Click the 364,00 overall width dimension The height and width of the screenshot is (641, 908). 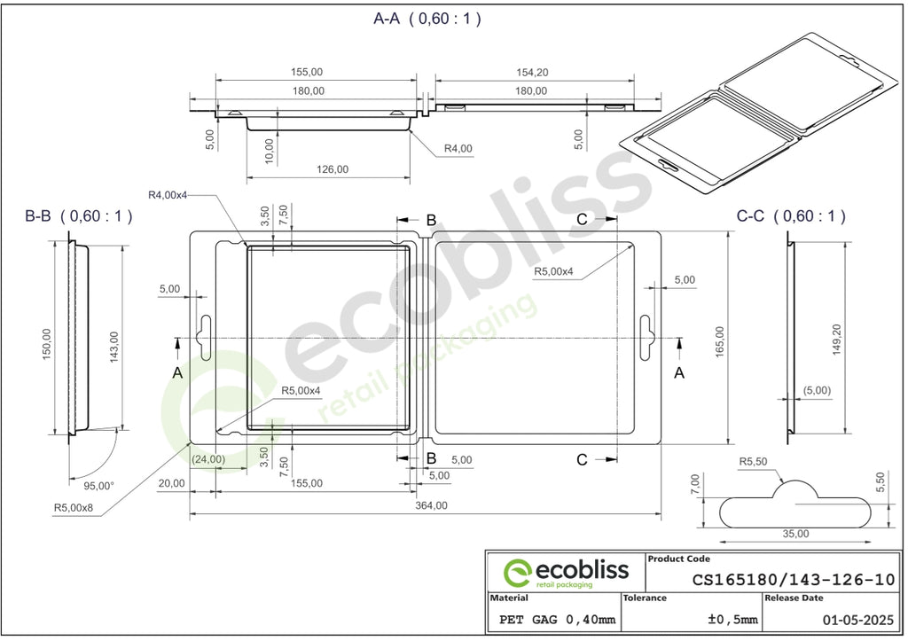[431, 505]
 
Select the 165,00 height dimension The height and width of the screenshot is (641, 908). [719, 341]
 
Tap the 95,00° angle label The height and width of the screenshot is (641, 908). [98, 486]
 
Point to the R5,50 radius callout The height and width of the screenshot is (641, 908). [753, 462]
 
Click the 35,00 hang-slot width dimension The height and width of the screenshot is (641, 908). [795, 534]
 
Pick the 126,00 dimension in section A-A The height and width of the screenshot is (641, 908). [333, 169]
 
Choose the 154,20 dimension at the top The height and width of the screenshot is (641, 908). [532, 73]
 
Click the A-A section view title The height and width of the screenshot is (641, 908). [427, 19]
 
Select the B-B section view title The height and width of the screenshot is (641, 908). [79, 216]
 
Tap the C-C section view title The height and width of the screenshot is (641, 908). [791, 216]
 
